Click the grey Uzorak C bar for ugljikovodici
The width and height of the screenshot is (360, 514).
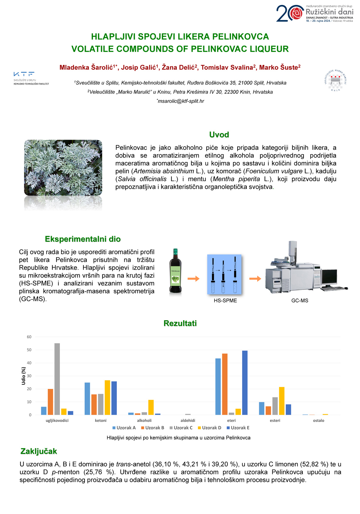pyautogui.click(x=57, y=379)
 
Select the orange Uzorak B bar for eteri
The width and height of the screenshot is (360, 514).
pyautogui.click(x=225, y=384)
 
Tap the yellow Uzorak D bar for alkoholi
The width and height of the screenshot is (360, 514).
pyautogui.click(x=151, y=407)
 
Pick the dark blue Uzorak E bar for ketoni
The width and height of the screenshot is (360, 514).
pyautogui.click(x=114, y=398)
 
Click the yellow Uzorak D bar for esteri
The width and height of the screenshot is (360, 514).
pyautogui.click(x=282, y=401)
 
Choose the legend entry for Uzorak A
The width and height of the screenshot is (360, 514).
pyautogui.click(x=124, y=428)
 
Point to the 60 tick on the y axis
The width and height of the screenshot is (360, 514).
pyautogui.click(x=29, y=337)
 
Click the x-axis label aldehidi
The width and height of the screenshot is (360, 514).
pyautogui.click(x=188, y=420)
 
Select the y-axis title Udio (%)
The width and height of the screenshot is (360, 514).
pyautogui.click(x=23, y=376)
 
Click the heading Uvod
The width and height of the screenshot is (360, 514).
pyautogui.click(x=219, y=135)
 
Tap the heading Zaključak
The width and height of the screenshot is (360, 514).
pyautogui.click(x=38, y=451)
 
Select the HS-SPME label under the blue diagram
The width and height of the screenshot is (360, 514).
pyautogui.click(x=225, y=301)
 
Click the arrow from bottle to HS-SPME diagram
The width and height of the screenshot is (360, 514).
pyautogui.click(x=193, y=279)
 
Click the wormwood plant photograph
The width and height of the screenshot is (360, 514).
pyautogui.click(x=63, y=168)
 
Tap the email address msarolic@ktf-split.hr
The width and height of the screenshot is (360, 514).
pyautogui.click(x=181, y=101)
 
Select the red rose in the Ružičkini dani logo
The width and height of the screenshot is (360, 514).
pyautogui.click(x=297, y=13)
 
